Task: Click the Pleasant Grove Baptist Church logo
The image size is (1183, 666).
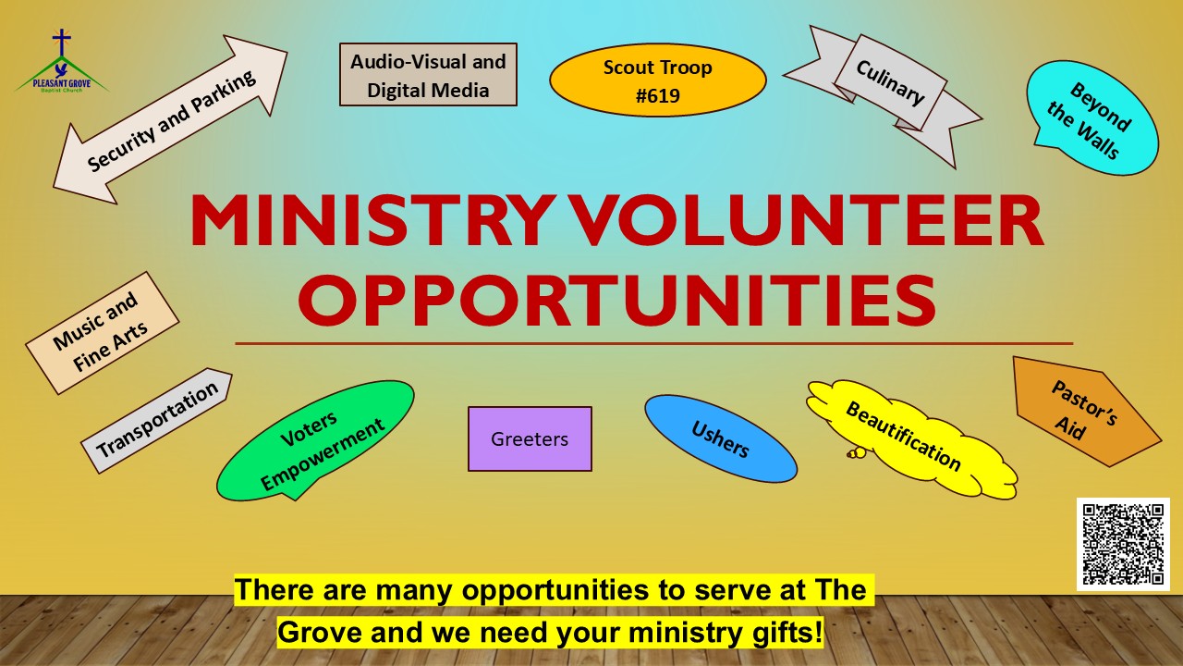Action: pyautogui.click(x=62, y=61)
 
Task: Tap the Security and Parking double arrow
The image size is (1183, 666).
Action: pyautogui.click(x=170, y=120)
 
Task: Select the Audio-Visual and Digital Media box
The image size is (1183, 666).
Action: pyautogui.click(x=428, y=75)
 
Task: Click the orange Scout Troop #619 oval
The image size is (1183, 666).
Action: pyautogui.click(x=657, y=80)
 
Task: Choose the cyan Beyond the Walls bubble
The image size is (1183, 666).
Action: pyautogui.click(x=1092, y=117)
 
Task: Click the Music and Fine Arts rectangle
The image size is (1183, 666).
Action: pyautogui.click(x=103, y=333)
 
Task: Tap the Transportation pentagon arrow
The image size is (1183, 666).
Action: pyautogui.click(x=157, y=420)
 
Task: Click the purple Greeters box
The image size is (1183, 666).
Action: pyautogui.click(x=530, y=438)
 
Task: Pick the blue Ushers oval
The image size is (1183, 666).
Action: pyautogui.click(x=720, y=438)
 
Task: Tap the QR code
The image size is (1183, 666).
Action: pyautogui.click(x=1123, y=544)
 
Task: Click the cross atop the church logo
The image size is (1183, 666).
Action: pyautogui.click(x=62, y=43)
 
